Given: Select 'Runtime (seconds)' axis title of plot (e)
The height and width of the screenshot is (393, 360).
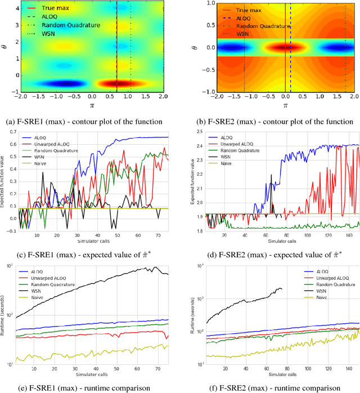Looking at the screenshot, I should (x=5, y=320).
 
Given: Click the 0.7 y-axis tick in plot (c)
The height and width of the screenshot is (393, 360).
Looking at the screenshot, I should (x=12, y=131).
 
